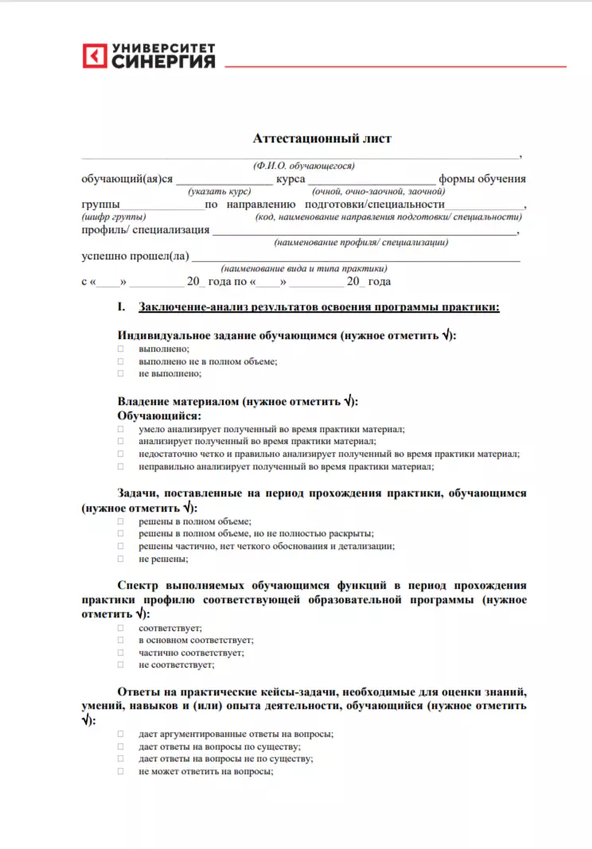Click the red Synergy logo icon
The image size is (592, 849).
pos(95,56)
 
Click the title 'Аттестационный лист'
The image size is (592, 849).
pos(322,138)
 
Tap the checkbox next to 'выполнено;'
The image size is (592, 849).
pos(121,349)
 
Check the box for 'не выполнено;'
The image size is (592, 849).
pos(121,373)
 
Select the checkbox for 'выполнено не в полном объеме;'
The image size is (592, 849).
pos(121,361)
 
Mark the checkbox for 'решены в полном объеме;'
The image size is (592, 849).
pos(121,522)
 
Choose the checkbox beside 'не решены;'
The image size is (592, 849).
pos(121,559)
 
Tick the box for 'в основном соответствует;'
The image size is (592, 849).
pos(121,640)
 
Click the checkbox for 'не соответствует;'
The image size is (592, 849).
pos(121,664)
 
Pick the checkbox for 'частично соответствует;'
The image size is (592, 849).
pos(121,652)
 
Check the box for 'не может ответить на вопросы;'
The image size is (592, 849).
pos(121,771)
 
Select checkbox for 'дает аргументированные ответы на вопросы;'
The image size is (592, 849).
pos(121,734)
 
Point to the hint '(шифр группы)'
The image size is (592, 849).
pos(114,217)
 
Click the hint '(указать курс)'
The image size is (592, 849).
pos(220,192)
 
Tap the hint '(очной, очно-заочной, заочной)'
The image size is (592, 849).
pos(378,192)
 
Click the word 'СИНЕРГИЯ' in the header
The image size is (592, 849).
pos(163,61)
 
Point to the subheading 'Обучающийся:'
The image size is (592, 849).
pos(159,415)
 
